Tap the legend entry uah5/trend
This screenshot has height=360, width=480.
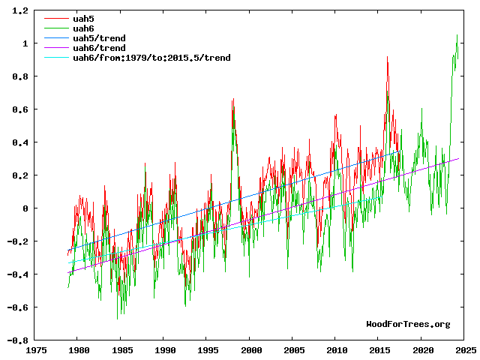coord(98,37)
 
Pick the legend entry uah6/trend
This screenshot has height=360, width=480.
coord(98,47)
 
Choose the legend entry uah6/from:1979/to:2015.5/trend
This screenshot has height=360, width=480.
coord(151,57)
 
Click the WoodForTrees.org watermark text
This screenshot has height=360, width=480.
coord(408,324)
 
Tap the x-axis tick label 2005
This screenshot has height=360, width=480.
coord(294,349)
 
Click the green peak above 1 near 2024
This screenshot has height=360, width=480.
coord(457,35)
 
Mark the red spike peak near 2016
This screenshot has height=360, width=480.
coord(387,57)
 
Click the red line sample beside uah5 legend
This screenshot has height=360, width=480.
coord(55,18)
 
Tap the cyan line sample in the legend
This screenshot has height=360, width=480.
coord(55,57)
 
